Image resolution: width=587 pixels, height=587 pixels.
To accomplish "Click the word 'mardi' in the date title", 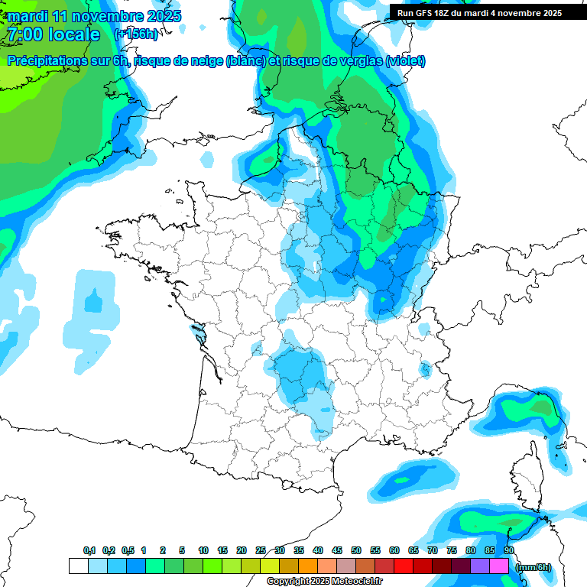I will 27,16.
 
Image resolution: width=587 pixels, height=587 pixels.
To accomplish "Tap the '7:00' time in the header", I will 24,34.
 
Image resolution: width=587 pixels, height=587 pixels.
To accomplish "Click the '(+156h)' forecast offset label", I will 136,34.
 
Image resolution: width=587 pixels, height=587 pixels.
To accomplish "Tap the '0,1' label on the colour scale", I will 89,551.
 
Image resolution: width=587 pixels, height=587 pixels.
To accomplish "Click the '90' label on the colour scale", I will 509,551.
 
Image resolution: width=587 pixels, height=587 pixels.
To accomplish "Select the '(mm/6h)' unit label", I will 533,566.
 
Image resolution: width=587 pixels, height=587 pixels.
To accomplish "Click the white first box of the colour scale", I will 78,566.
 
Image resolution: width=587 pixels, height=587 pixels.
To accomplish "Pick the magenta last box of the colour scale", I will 499,566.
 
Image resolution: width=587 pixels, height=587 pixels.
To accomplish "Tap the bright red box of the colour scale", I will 404,566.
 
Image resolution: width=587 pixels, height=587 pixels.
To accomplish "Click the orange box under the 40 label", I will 308,566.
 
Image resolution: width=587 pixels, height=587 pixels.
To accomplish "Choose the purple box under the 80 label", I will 480,566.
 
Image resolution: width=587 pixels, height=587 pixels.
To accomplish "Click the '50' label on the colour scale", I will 356,551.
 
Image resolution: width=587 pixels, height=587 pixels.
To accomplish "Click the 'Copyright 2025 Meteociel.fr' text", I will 324,582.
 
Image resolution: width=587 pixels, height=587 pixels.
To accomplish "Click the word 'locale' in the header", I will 73,34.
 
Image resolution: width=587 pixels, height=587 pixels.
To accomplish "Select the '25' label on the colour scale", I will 261,551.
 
